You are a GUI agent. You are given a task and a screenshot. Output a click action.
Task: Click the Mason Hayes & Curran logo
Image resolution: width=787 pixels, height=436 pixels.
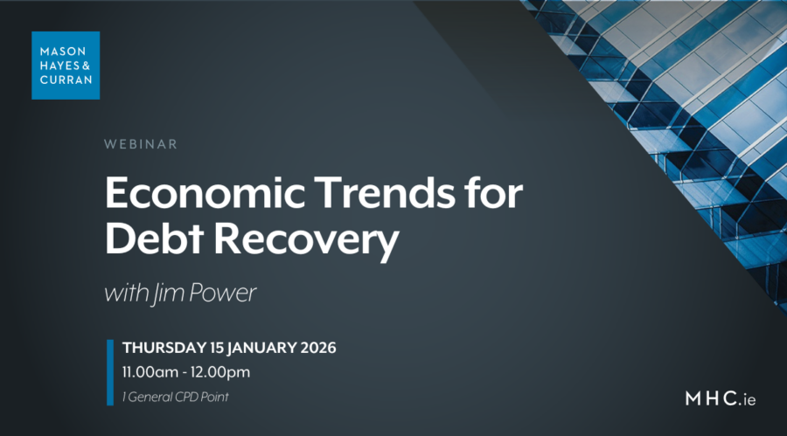[66, 65]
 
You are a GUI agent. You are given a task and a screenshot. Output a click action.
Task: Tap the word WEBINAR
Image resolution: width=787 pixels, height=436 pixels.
[140, 144]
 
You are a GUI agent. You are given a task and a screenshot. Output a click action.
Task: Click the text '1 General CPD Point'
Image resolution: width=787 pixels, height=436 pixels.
[176, 398]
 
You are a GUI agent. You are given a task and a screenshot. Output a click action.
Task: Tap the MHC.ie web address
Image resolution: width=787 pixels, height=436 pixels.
[721, 399]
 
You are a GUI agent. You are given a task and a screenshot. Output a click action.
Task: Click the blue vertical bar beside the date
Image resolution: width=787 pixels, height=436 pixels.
[110, 372]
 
